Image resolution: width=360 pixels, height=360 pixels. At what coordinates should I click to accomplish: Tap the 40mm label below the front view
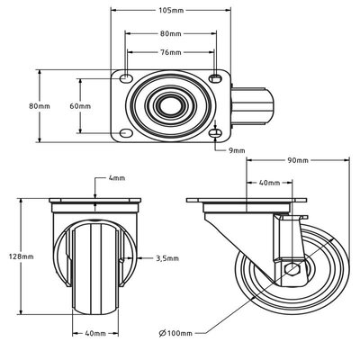point(94,333)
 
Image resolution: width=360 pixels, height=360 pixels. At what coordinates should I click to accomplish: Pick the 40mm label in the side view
point(267,183)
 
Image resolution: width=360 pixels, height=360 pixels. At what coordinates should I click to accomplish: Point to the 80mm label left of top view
point(39,106)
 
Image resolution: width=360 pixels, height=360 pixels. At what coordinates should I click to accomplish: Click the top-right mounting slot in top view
point(216,77)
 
